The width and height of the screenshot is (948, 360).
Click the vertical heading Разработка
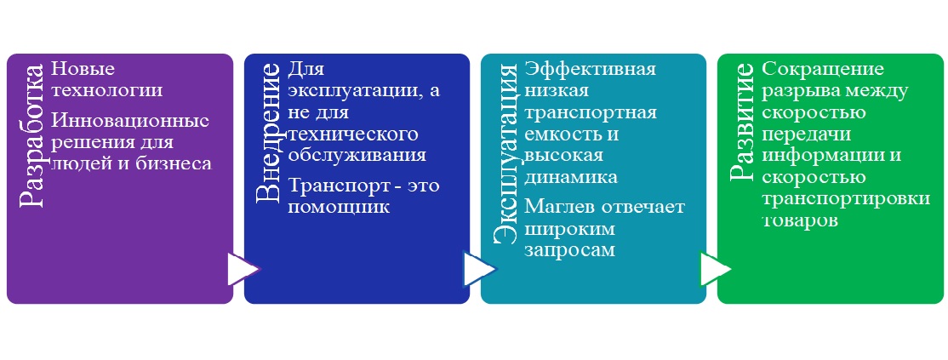point(32,135)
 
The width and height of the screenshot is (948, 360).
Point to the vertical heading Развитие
point(743,121)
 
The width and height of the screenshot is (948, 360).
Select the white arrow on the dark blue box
point(480,269)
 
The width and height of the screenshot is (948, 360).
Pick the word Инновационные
point(130,121)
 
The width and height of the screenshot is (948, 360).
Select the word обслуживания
point(357,155)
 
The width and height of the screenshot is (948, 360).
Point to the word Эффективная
point(591,69)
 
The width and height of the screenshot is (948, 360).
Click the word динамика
point(571,177)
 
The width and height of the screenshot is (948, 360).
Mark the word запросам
point(570,251)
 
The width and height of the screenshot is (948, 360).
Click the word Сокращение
point(823,69)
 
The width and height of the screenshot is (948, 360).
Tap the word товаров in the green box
point(800,220)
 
